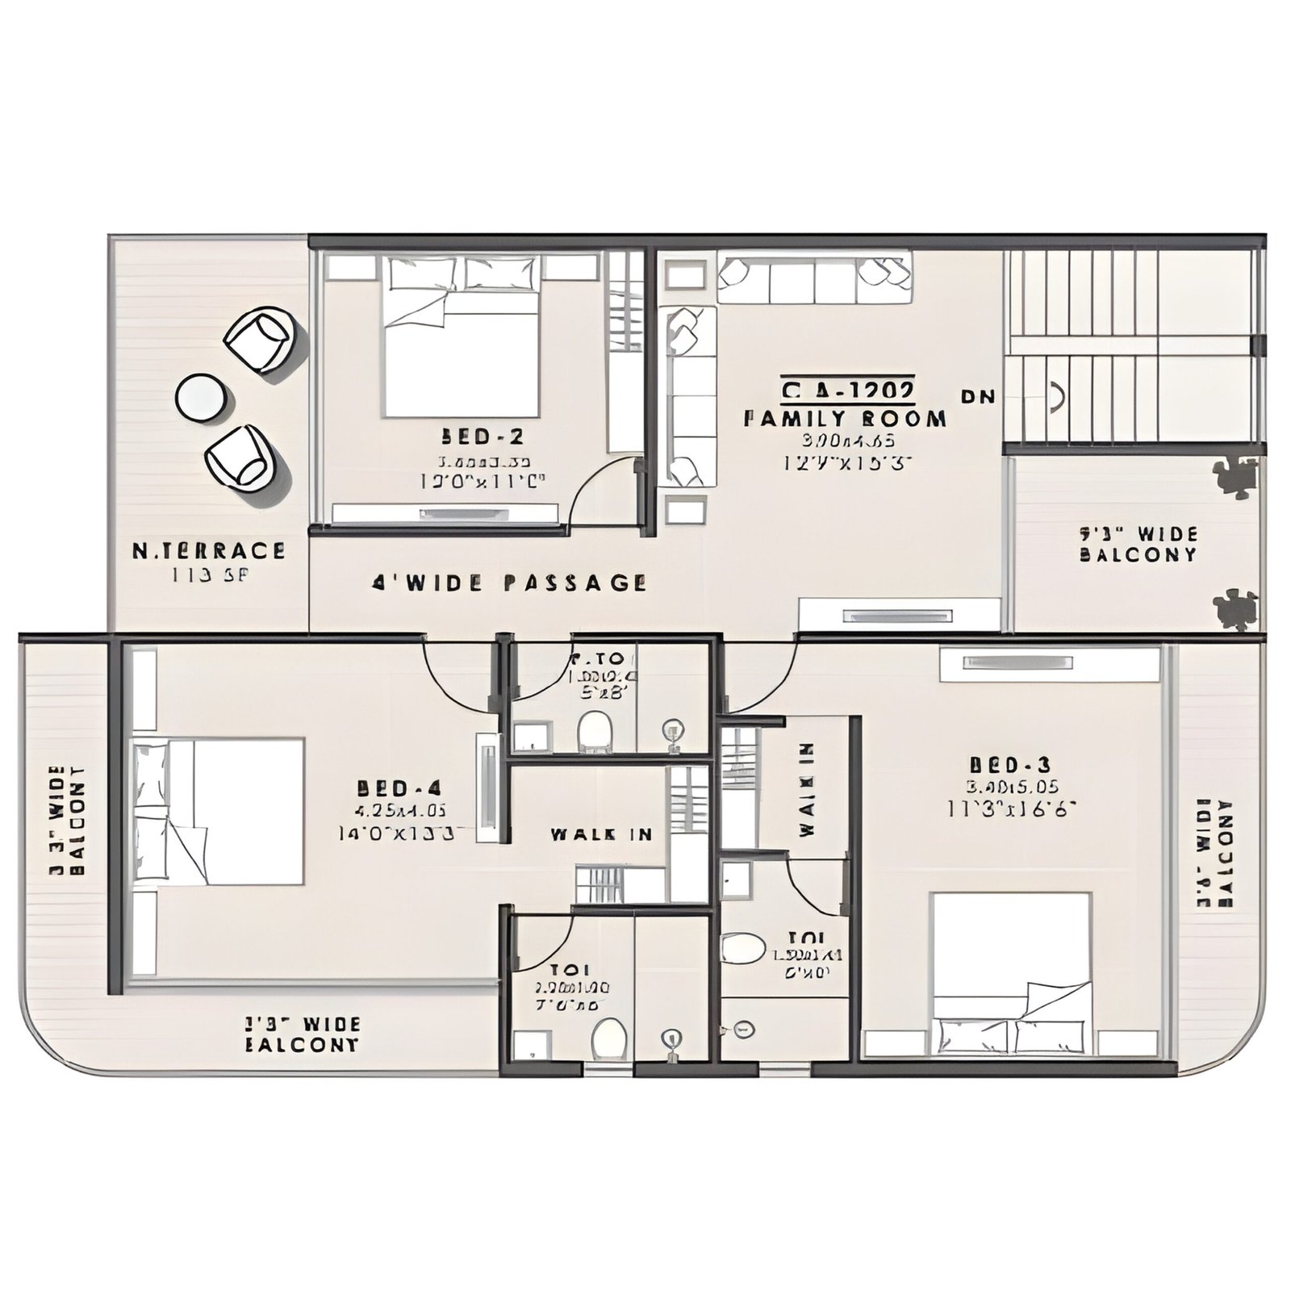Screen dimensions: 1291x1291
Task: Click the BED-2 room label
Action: pos(482,437)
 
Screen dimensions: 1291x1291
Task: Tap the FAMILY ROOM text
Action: pos(844,419)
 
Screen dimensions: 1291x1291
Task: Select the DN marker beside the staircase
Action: pos(978,397)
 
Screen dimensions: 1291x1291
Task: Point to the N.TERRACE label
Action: pos(208,551)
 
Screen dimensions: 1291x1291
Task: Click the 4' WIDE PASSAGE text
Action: pos(509,583)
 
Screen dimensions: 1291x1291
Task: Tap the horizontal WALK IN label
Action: pos(602,834)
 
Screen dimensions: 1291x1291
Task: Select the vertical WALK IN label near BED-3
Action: pos(807,789)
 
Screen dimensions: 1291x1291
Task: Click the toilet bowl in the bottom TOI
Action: pos(609,1038)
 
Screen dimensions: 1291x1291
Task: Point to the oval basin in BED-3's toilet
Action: pos(742,948)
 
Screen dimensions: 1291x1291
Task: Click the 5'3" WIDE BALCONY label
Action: pos(1138,545)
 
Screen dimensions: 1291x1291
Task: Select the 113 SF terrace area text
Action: pos(201,575)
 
